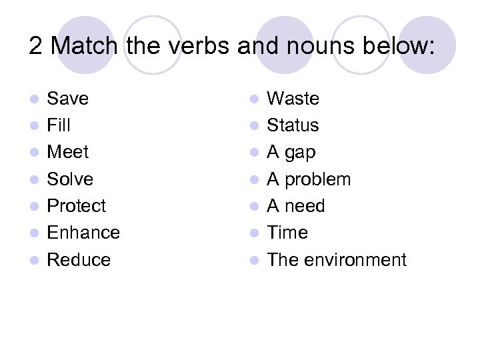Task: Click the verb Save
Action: [67, 99]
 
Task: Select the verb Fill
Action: [59, 125]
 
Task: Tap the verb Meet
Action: [67, 152]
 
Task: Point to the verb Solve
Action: [70, 179]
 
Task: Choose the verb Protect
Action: [77, 205]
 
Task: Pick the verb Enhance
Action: [83, 232]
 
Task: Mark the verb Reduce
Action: [79, 259]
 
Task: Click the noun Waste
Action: [293, 99]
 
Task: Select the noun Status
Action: [293, 125]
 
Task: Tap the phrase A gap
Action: [291, 153]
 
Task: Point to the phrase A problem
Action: [309, 179]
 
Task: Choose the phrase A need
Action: [296, 205]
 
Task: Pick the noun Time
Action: [287, 232]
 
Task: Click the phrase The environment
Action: [337, 259]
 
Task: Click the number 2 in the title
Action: [36, 46]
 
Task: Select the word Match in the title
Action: [84, 46]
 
